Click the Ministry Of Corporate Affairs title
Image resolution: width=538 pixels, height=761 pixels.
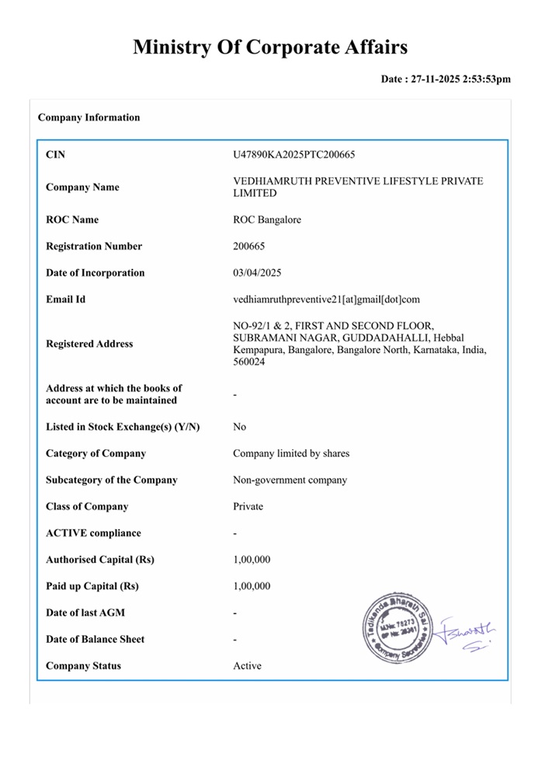(269, 47)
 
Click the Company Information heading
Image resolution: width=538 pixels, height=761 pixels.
(89, 117)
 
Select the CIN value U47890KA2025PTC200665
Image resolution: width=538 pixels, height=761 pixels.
(294, 155)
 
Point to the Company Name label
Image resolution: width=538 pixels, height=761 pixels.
(82, 187)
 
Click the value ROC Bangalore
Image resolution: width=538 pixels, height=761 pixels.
(267, 220)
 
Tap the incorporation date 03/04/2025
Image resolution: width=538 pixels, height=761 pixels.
(257, 273)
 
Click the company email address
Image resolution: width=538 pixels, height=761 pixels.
(326, 299)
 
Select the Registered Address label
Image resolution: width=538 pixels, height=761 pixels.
(89, 344)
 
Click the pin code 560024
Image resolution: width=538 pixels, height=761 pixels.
(249, 362)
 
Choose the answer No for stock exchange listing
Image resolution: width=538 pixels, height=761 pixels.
(240, 427)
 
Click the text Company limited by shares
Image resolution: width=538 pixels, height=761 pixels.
(291, 453)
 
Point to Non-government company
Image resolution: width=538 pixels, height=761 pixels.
(290, 480)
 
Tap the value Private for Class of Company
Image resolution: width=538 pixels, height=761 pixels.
(248, 506)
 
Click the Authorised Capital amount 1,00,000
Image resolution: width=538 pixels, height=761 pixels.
(252, 560)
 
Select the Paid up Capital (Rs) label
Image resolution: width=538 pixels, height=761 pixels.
(92, 586)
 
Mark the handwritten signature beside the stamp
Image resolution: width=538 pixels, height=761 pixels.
(469, 633)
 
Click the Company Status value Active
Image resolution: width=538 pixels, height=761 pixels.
(247, 665)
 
